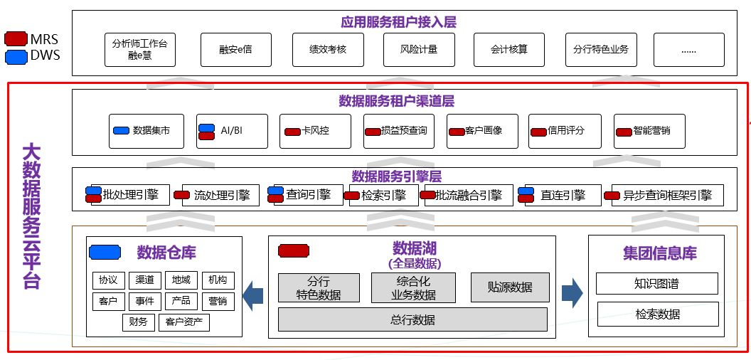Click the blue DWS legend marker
click(16, 55)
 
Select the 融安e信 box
click(235, 49)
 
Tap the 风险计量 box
click(419, 49)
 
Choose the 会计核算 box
click(509, 49)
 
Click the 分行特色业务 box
click(601, 49)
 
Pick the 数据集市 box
click(146, 131)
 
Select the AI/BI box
click(232, 131)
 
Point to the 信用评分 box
click(565, 131)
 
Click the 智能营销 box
click(649, 131)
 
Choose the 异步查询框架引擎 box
click(667, 195)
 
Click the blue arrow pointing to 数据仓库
click(253, 295)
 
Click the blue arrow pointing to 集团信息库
click(572, 293)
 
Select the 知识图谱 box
click(656, 283)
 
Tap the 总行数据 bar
click(412, 319)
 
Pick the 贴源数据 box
click(509, 287)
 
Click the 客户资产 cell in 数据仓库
click(184, 322)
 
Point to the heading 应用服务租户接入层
click(398, 22)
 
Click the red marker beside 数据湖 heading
click(294, 250)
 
